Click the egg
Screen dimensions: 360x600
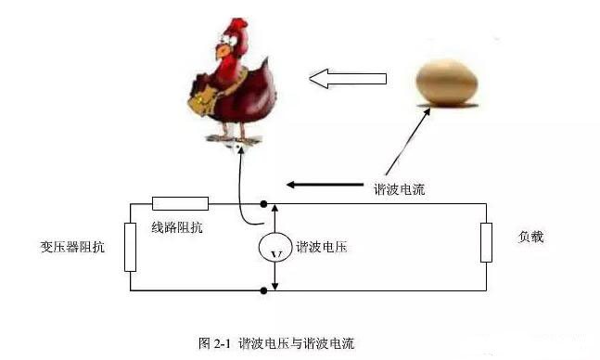[448, 79]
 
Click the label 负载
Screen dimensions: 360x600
[530, 237]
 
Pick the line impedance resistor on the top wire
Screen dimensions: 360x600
[179, 203]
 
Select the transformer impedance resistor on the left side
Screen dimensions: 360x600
[130, 246]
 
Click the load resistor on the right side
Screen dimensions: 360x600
[486, 242]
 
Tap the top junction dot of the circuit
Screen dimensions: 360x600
[266, 203]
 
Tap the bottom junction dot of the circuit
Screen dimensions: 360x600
[266, 290]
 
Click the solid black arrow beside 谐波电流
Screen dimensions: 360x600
[315, 185]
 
